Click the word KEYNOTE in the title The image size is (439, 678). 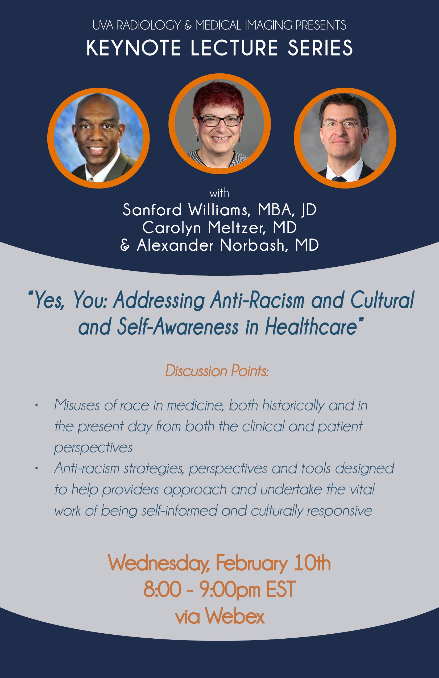(134, 48)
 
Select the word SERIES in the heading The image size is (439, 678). (320, 48)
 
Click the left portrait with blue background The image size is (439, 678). (98, 138)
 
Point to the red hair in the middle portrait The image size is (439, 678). (219, 98)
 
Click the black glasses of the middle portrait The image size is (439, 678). (219, 121)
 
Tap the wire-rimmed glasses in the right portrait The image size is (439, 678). (342, 124)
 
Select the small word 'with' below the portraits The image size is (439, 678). (219, 194)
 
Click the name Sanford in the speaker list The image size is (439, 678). (152, 210)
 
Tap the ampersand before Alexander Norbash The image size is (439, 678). (125, 245)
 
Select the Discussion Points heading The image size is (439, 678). (217, 371)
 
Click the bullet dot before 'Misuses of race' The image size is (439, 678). (36, 406)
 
